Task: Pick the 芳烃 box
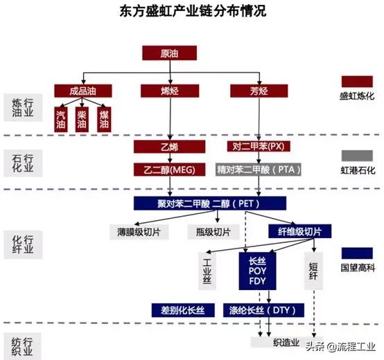coord(259,91)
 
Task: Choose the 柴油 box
coord(82,118)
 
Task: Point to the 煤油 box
coord(103,118)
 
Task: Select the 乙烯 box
coord(170,146)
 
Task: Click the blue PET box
coord(209,203)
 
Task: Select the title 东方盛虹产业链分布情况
coord(192,12)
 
